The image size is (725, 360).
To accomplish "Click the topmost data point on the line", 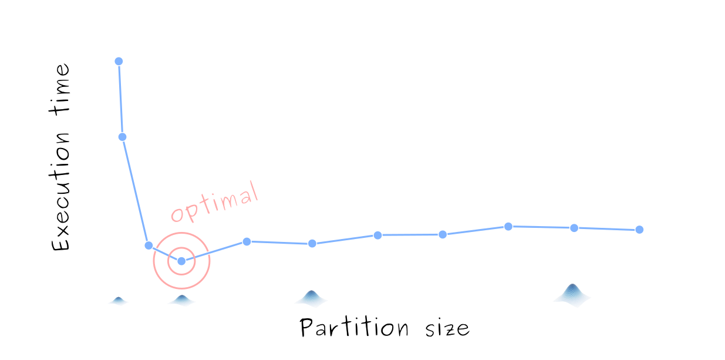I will (x=119, y=61).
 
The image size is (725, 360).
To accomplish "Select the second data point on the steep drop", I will (x=122, y=137).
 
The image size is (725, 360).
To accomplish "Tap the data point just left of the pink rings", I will (x=149, y=245).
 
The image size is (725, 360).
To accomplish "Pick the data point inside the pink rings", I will (x=181, y=261).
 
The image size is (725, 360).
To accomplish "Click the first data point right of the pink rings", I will (x=247, y=241).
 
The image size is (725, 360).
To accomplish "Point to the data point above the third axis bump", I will (x=312, y=243).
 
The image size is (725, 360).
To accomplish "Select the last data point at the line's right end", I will (x=639, y=230).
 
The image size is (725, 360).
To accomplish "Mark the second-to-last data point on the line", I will (x=574, y=228).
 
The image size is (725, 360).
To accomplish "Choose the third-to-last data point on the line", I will (x=508, y=226).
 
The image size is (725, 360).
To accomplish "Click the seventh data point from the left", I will (x=377, y=235).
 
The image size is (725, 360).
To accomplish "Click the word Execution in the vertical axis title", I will (x=61, y=194).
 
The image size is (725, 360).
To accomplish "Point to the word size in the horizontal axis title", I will (x=447, y=327).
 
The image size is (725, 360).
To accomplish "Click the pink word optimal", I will (x=214, y=202).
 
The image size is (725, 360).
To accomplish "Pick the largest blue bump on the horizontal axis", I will (x=573, y=294).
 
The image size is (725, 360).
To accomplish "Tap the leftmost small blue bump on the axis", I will (x=119, y=301).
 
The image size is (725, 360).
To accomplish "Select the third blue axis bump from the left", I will (x=312, y=298).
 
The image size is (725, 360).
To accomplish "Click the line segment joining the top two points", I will (x=120, y=99).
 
